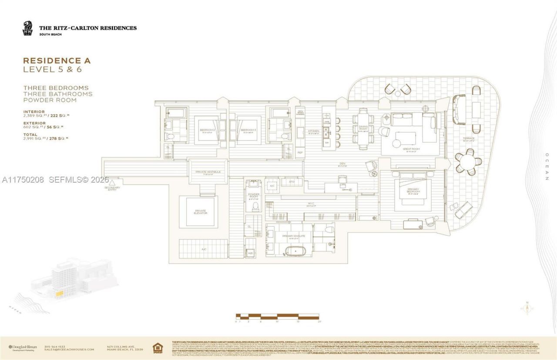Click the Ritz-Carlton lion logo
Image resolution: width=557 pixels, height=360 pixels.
pyautogui.click(x=27, y=29)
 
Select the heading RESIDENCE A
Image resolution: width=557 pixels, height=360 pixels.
pyautogui.click(x=57, y=61)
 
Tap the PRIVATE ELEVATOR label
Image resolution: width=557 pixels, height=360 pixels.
pyautogui.click(x=200, y=212)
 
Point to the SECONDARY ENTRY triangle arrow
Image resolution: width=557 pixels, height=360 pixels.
pyautogui.click(x=112, y=183)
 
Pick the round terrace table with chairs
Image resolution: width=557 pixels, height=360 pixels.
pyautogui.click(x=468, y=162)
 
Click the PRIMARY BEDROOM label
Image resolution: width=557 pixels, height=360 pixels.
pyautogui.click(x=413, y=191)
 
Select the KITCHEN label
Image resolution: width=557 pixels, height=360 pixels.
pyautogui.click(x=313, y=131)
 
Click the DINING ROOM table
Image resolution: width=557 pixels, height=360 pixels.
pyautogui.click(x=363, y=129)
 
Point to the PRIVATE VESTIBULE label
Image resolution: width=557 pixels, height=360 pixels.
pyautogui.click(x=208, y=172)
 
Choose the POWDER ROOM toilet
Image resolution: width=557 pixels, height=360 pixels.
pyautogui.click(x=255, y=207)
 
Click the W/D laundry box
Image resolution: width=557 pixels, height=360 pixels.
pyautogui.click(x=251, y=253)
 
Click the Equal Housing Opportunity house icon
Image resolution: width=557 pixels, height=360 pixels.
pyautogui.click(x=157, y=348)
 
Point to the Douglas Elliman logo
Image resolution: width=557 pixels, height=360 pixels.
pyautogui.click(x=23, y=347)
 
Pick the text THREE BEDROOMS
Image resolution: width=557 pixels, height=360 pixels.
pyautogui.click(x=56, y=88)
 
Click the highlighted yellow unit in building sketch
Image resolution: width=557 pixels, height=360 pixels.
pyautogui.click(x=59, y=293)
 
